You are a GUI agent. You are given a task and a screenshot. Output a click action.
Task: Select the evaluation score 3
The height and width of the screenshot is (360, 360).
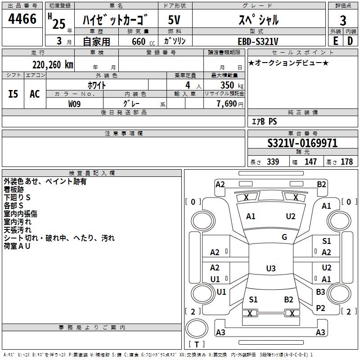coord(343,21)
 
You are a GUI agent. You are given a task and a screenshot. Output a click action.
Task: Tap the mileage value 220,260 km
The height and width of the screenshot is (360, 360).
coord(53,64)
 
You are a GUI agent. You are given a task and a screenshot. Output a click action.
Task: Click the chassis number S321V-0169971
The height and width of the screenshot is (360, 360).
coord(302,144)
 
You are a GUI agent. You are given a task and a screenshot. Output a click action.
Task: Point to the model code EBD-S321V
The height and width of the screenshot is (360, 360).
coord(255,41)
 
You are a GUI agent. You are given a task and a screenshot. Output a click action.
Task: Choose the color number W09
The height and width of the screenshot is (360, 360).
coord(75,104)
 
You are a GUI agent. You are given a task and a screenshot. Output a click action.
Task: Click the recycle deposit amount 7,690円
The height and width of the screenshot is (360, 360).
coord(229,104)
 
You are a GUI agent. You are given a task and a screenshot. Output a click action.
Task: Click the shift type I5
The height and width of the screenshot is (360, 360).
coord(13,94)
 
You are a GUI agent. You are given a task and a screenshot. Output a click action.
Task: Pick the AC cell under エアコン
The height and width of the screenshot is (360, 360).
coord(35,94)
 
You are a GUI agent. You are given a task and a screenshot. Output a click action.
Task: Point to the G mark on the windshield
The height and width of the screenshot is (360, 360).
coord(284,237)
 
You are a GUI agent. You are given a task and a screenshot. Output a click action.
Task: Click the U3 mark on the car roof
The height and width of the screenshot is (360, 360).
coord(270,269)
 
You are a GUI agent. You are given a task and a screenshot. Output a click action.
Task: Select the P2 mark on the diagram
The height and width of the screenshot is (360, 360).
coord(320,308)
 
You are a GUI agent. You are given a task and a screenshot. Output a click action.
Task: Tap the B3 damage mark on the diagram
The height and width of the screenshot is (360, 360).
coord(320,292)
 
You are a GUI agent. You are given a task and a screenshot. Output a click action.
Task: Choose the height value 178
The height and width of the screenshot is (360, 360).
coord(346,162)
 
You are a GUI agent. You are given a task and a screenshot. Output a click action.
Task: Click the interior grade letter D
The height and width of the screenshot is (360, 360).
coord(350,41)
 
